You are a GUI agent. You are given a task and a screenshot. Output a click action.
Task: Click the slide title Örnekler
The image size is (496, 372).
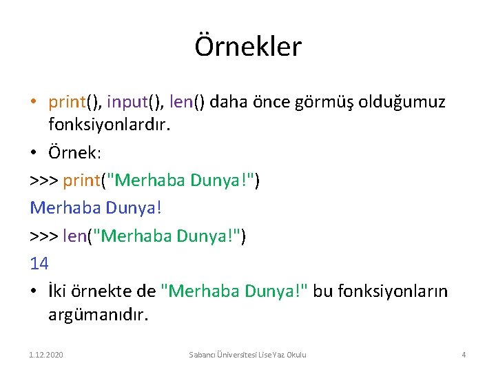pos(248,47)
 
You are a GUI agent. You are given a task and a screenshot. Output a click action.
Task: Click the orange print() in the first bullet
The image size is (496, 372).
pos(74,103)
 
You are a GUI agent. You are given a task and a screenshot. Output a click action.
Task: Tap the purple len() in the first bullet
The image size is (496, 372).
pos(186,103)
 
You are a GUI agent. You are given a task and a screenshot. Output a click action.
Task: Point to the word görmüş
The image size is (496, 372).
pos(337,103)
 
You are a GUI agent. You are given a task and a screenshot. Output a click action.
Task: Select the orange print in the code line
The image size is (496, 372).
pos(81,180)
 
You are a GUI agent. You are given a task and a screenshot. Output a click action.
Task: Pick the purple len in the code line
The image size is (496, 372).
pos(74,236)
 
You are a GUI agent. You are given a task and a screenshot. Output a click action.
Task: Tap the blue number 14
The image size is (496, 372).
pos(39,262)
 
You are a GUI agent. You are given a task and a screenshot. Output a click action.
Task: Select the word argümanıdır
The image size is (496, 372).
pos(98,315)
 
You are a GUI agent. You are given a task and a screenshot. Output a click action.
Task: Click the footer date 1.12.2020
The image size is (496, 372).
pos(46,354)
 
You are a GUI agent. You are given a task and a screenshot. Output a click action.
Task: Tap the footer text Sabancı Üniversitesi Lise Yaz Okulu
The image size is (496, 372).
pos(248,354)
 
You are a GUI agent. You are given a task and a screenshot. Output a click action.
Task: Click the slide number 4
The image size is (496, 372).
pos(464,354)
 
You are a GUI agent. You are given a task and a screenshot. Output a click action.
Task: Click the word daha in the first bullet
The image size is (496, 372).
pos(230,103)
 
